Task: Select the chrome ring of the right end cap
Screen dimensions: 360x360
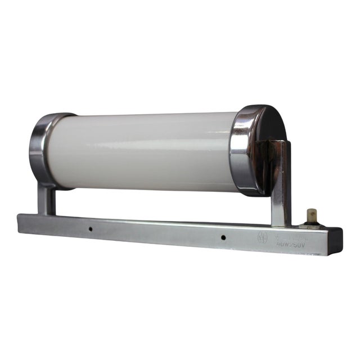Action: click(243, 149)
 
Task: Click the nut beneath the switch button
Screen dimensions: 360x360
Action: click(308, 225)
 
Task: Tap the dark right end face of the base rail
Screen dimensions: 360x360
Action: click(335, 242)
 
